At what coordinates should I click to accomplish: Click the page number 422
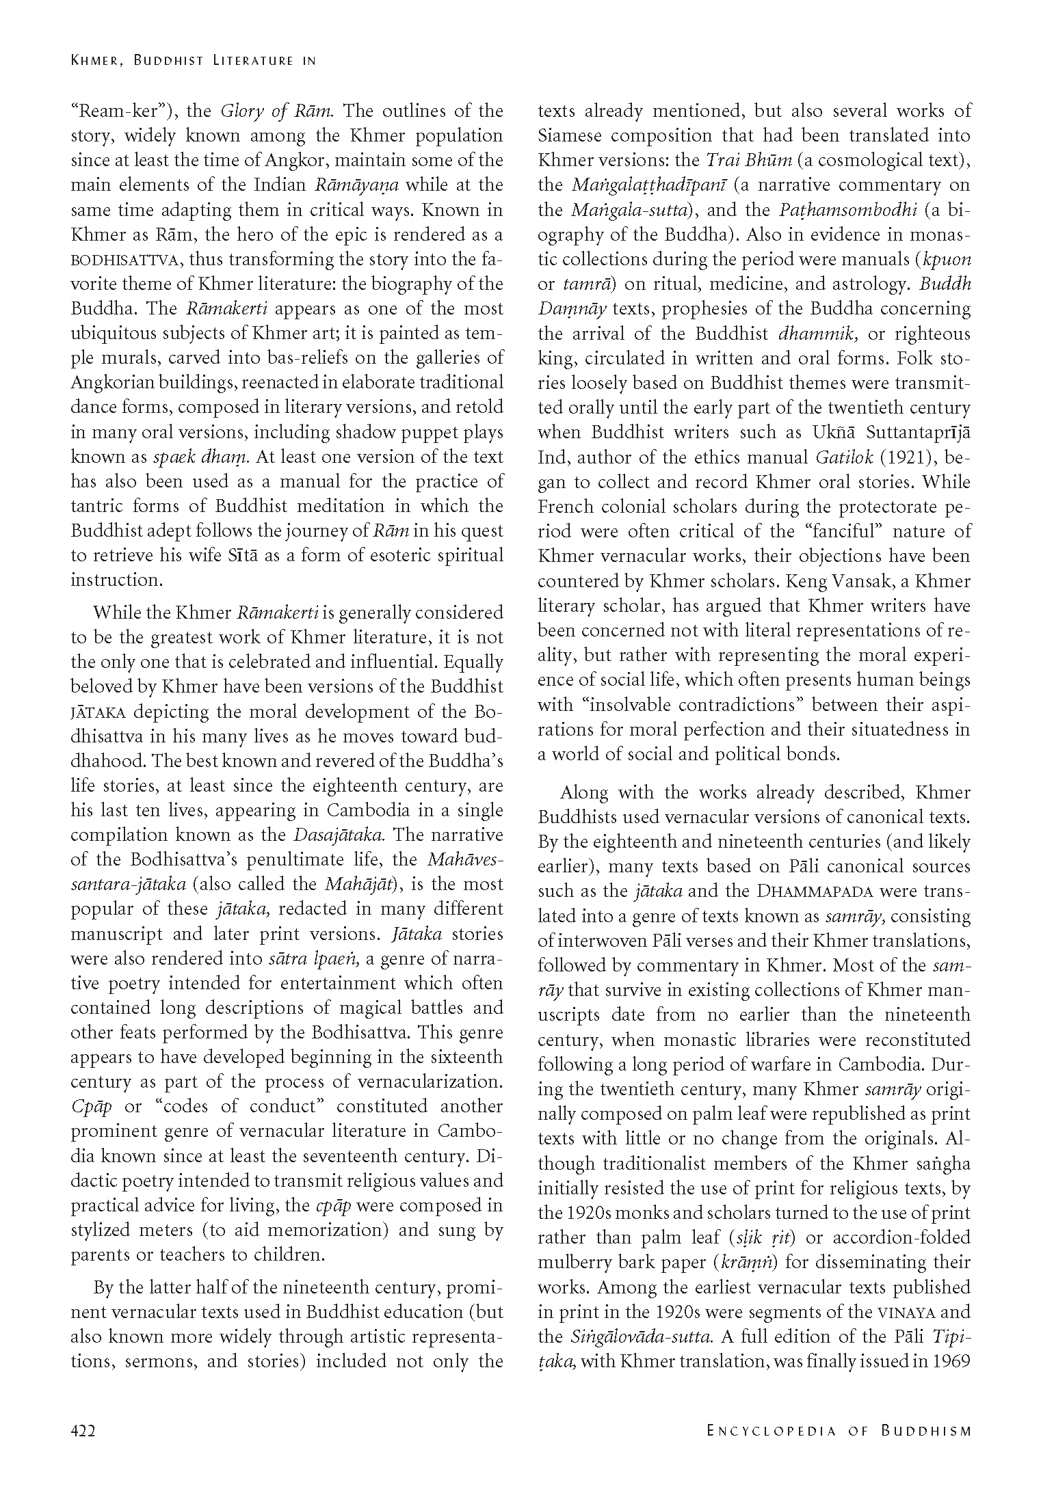click(x=82, y=1430)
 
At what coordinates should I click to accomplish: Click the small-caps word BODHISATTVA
click(x=126, y=260)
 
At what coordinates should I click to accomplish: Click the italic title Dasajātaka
click(x=341, y=835)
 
